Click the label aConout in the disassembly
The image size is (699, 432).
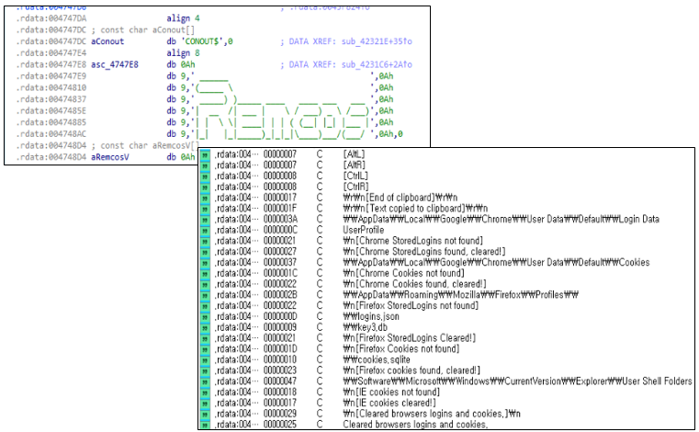[108, 41]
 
